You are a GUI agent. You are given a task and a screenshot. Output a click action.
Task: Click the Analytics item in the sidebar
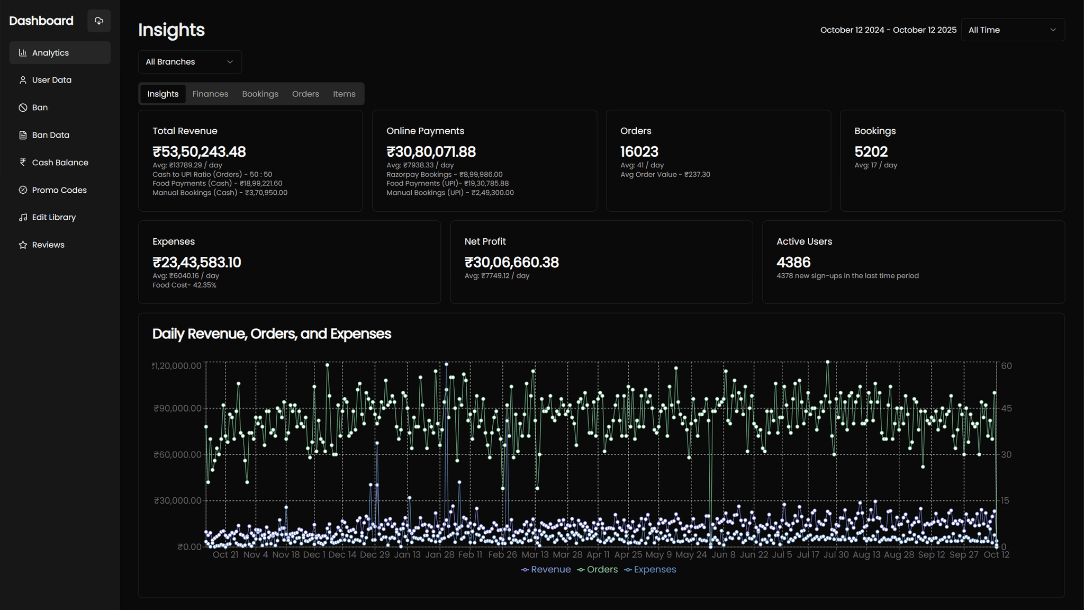click(x=51, y=53)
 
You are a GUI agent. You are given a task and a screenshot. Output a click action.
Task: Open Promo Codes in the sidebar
click(x=59, y=190)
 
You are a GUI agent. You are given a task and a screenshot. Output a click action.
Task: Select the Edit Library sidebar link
click(x=53, y=217)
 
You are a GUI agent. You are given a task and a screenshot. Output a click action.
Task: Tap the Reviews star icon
click(x=23, y=245)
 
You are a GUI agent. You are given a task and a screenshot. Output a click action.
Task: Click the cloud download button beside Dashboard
click(x=99, y=21)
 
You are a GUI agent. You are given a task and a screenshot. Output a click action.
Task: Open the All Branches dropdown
click(x=189, y=62)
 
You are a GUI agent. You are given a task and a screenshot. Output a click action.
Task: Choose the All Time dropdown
click(x=1012, y=30)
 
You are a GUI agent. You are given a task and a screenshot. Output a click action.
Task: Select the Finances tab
click(x=210, y=94)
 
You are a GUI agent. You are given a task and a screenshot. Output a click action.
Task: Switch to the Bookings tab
click(x=260, y=94)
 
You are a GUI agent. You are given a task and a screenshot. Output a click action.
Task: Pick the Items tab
click(x=344, y=94)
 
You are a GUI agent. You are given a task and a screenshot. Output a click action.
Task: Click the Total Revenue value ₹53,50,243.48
click(x=199, y=152)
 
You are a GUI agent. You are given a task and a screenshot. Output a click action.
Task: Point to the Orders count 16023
click(x=639, y=152)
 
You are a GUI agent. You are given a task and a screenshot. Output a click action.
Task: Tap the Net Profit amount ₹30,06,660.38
click(x=511, y=263)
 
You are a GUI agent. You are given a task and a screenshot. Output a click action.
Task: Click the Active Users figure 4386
click(x=793, y=263)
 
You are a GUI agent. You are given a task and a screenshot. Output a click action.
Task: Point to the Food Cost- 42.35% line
click(x=184, y=285)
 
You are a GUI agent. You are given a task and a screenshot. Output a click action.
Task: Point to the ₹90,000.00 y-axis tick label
click(x=177, y=408)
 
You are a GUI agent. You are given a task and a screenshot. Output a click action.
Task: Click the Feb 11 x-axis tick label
click(x=470, y=555)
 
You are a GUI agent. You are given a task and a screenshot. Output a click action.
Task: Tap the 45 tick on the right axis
click(x=1006, y=408)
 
